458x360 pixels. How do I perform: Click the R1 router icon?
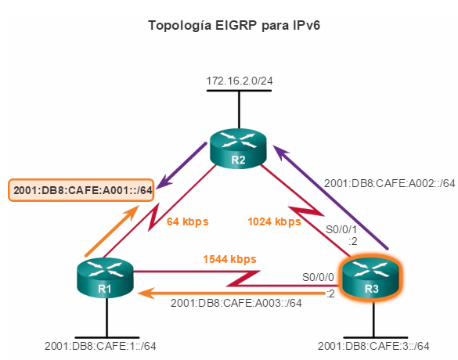105,278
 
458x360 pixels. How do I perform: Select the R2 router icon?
238,149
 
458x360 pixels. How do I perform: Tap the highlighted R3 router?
372,278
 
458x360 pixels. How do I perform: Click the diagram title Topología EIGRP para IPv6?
234,25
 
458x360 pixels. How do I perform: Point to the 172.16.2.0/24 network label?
240,81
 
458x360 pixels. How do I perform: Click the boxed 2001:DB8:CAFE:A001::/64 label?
81,190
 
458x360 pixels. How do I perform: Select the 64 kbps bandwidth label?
188,221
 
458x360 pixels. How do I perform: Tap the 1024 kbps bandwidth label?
274,221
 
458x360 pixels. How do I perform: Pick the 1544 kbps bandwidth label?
230,259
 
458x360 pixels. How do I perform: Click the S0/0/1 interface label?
341,229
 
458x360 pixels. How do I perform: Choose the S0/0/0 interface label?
318,277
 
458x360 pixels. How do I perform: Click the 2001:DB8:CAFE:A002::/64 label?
390,183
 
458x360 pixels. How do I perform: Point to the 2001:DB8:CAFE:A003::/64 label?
236,303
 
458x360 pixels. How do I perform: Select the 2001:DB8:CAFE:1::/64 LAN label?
100,346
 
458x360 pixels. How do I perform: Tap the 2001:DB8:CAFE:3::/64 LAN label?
373,346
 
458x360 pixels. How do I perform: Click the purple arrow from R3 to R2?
330,197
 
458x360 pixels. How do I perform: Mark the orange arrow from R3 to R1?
231,293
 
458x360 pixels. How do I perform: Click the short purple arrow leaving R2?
182,166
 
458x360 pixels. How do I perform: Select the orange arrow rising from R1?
112,230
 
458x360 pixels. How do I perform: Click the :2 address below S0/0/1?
353,242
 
